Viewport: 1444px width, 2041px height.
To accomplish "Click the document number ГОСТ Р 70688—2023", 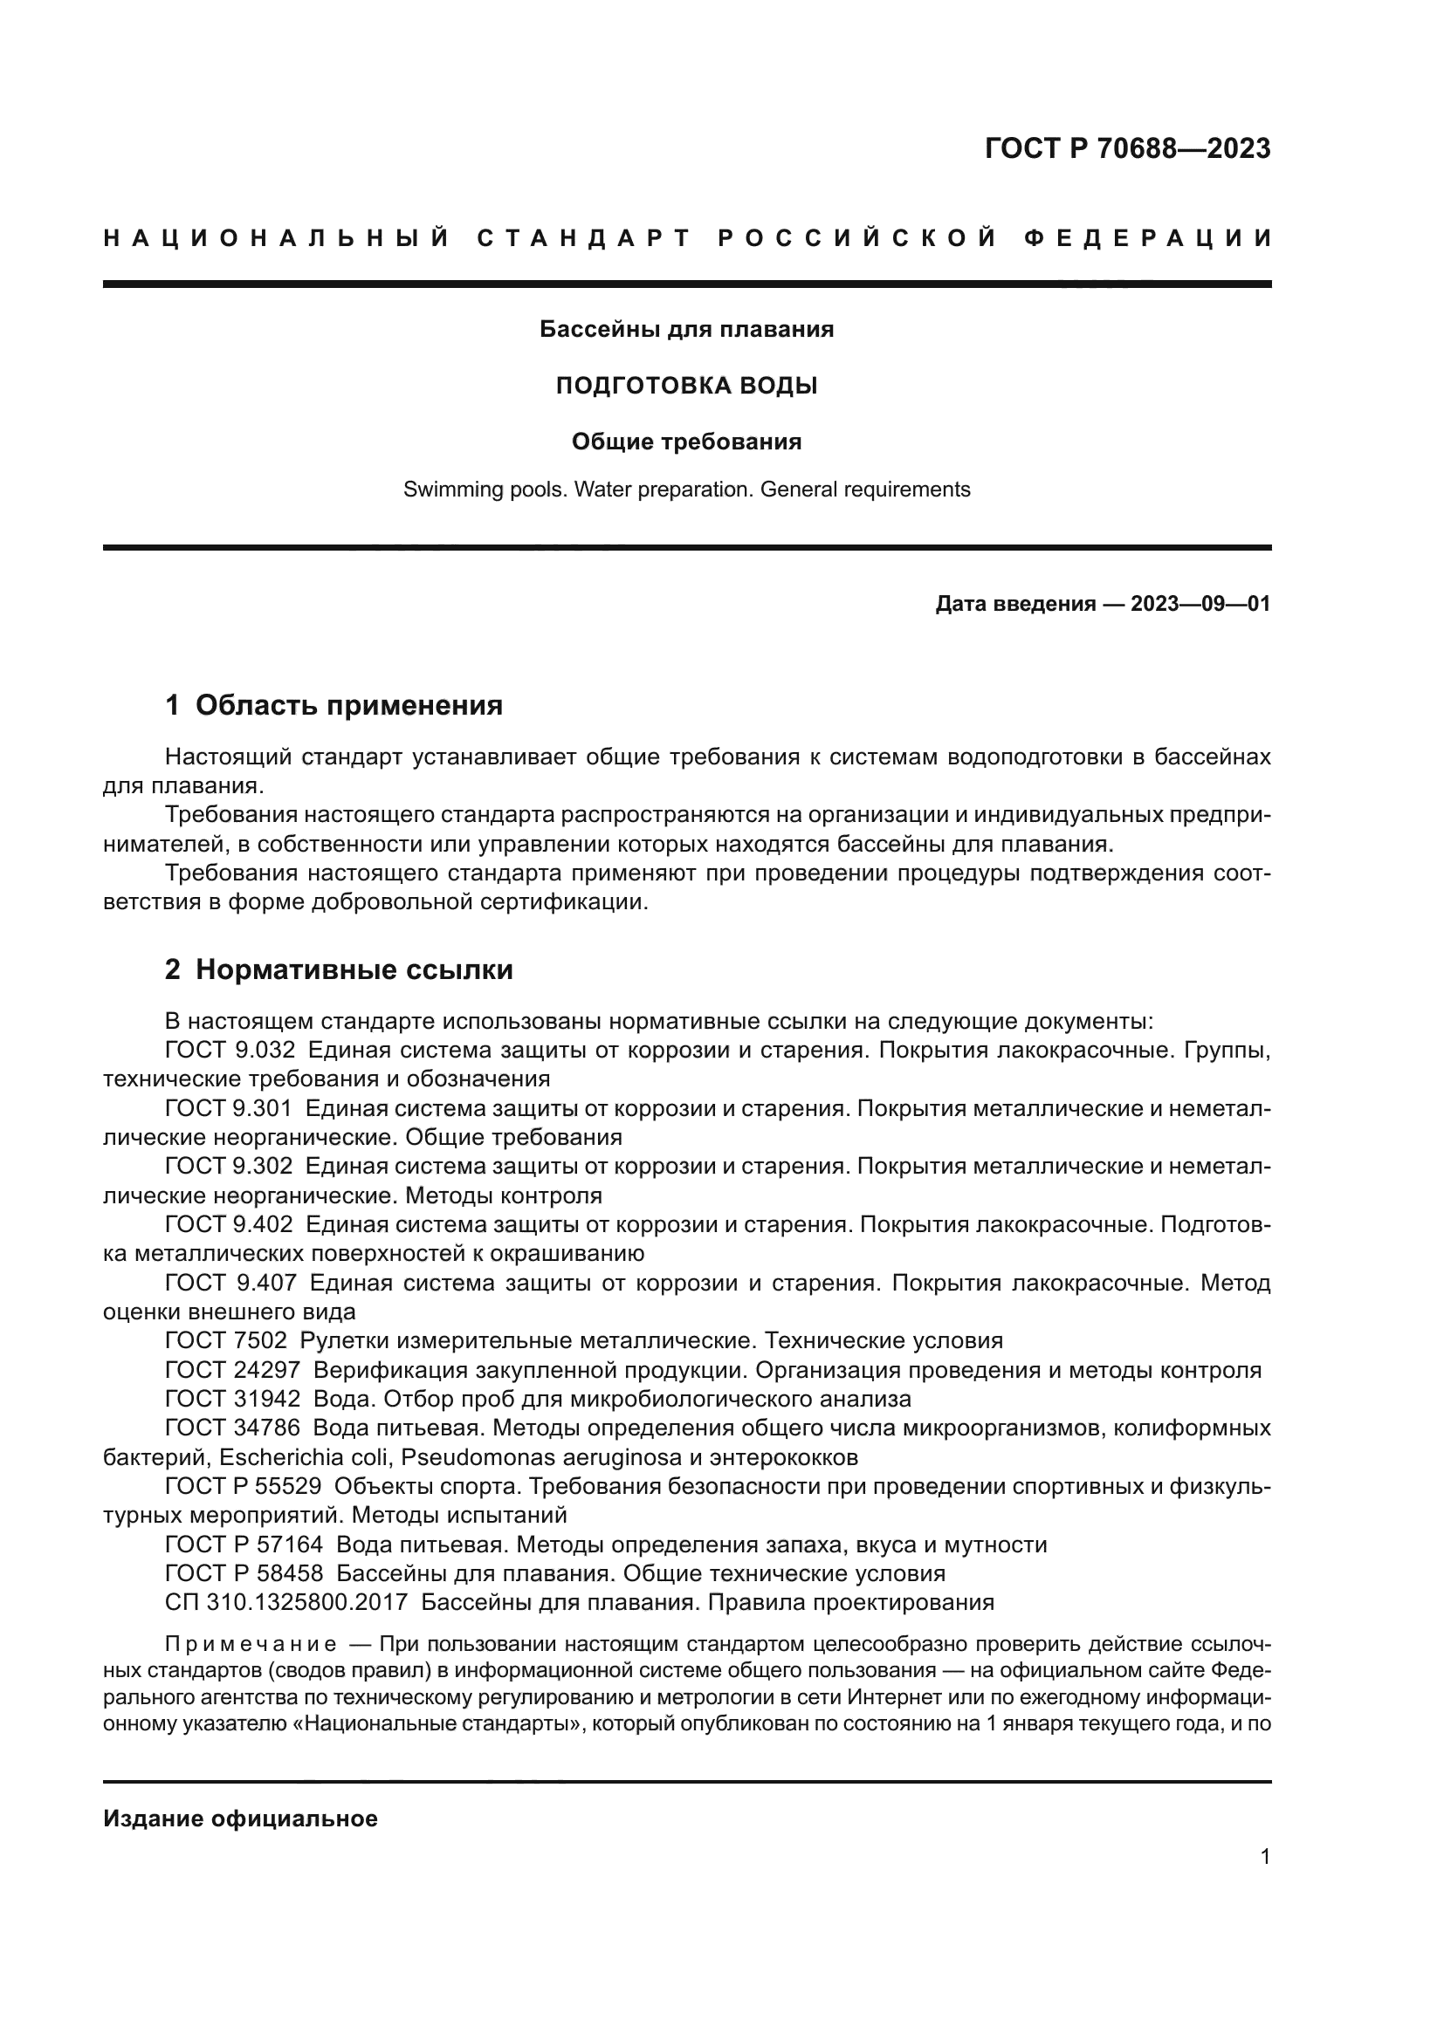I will click(1127, 148).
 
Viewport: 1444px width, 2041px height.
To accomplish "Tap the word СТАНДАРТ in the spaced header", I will click(584, 238).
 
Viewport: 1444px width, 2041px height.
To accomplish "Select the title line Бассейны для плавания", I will click(686, 330).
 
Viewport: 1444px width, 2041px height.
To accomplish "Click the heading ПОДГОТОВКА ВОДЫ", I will click(686, 386).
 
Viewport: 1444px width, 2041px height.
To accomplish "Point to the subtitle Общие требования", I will click(686, 442).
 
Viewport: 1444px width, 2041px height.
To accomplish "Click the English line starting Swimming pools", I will click(686, 489).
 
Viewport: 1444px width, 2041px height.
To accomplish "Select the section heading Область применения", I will click(348, 706).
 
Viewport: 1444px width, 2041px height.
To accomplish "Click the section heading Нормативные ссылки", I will click(354, 969).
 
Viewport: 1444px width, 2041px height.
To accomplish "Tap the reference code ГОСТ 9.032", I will click(230, 1050).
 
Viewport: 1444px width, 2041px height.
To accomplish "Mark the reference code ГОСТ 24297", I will click(232, 1370).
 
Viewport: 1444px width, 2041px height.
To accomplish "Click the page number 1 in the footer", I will click(1265, 1857).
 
